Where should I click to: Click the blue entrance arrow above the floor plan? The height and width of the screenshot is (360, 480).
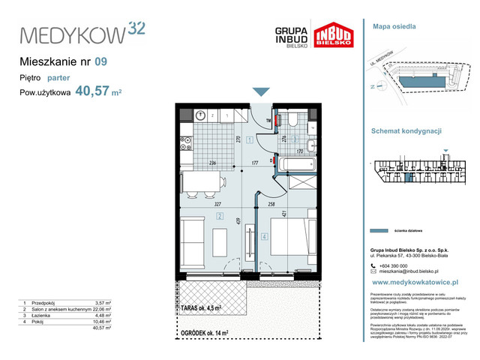[260, 91]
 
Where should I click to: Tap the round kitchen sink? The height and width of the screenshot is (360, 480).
[202, 115]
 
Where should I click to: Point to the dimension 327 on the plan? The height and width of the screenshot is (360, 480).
[196, 202]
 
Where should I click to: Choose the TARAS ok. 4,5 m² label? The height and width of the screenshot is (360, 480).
[201, 307]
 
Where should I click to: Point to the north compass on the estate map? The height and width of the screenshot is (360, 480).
[374, 87]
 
